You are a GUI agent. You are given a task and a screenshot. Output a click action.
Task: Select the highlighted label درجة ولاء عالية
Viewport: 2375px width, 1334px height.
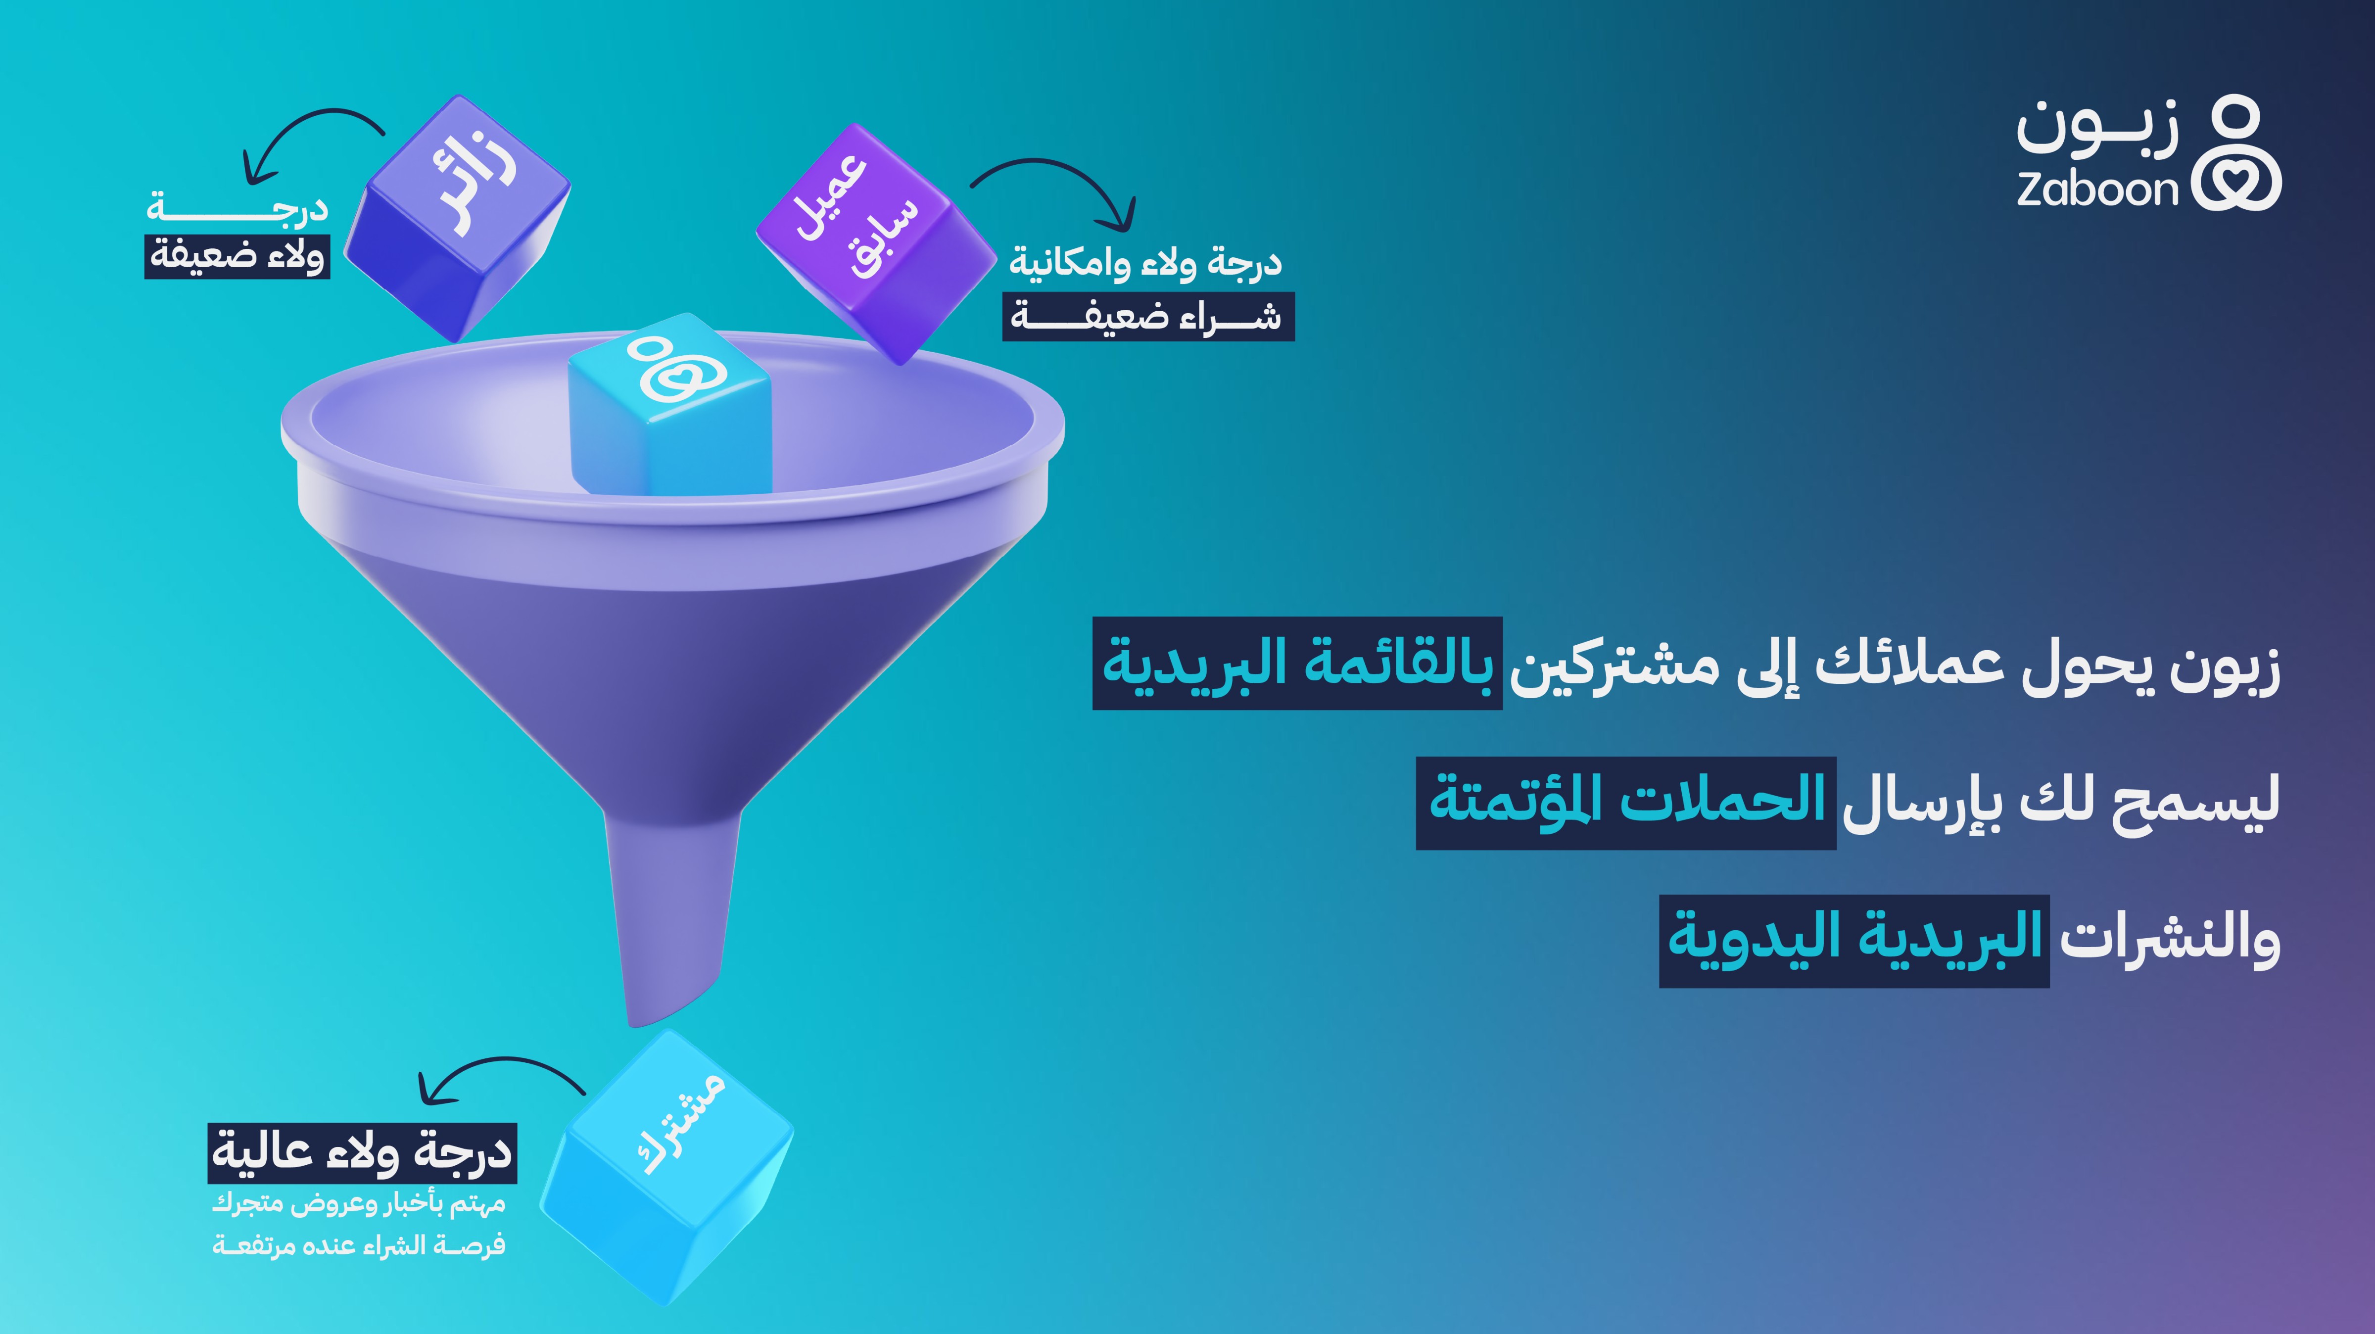coord(362,1152)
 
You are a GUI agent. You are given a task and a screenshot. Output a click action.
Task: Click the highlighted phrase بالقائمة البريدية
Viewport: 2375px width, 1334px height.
coord(1297,664)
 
